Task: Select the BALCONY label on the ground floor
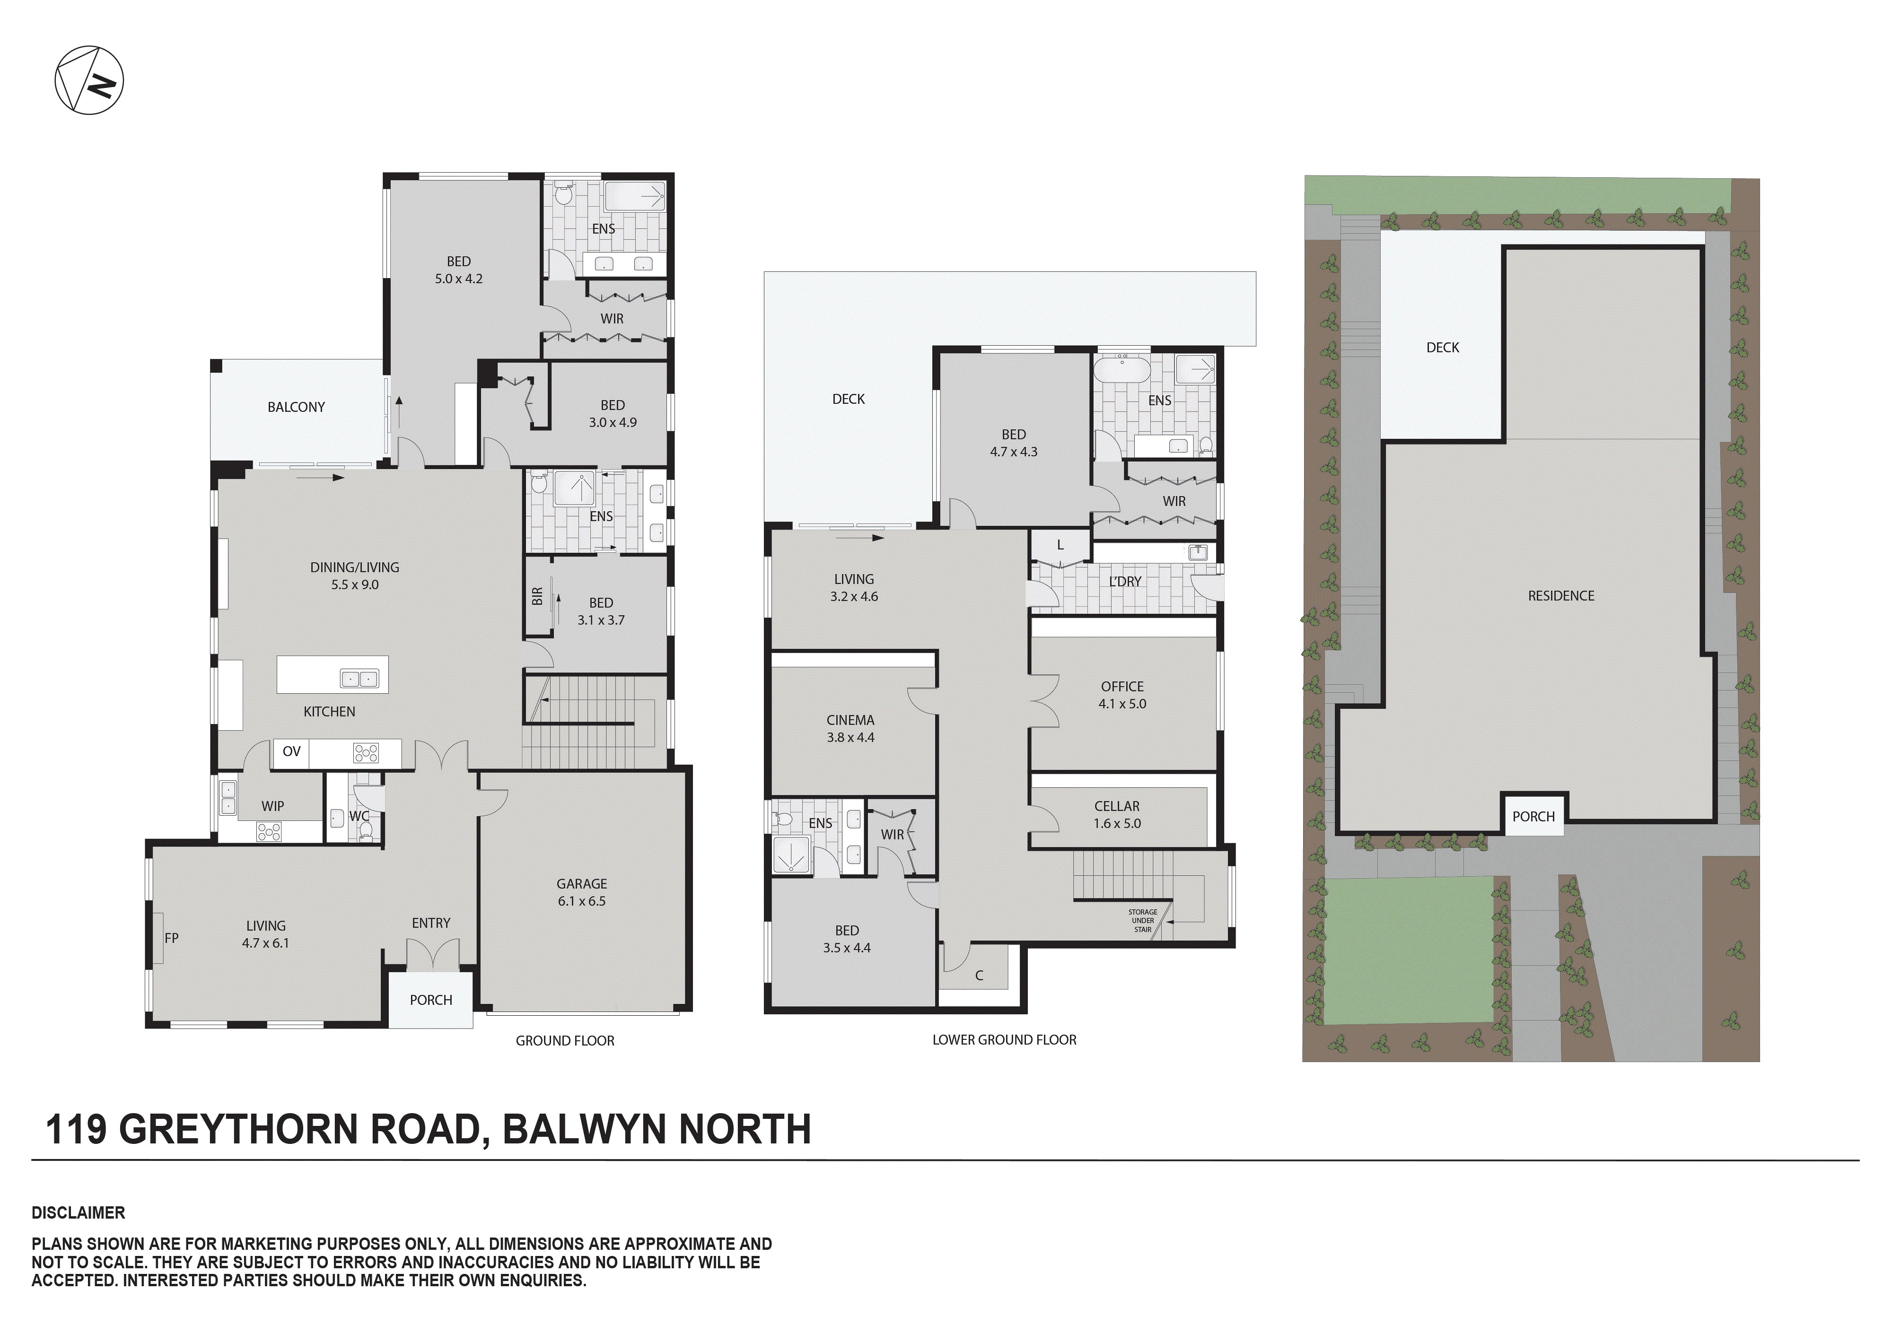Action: pyautogui.click(x=296, y=407)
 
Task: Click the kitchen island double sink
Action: pyautogui.click(x=359, y=679)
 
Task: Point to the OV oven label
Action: pyautogui.click(x=291, y=751)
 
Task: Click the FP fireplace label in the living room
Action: pyautogui.click(x=171, y=938)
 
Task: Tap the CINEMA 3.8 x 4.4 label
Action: pyautogui.click(x=850, y=728)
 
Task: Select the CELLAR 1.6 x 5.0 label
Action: pyautogui.click(x=1117, y=814)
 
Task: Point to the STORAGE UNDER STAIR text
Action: pyautogui.click(x=1142, y=920)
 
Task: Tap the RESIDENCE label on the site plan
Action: pyautogui.click(x=1561, y=596)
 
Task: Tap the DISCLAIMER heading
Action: pyautogui.click(x=79, y=1213)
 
